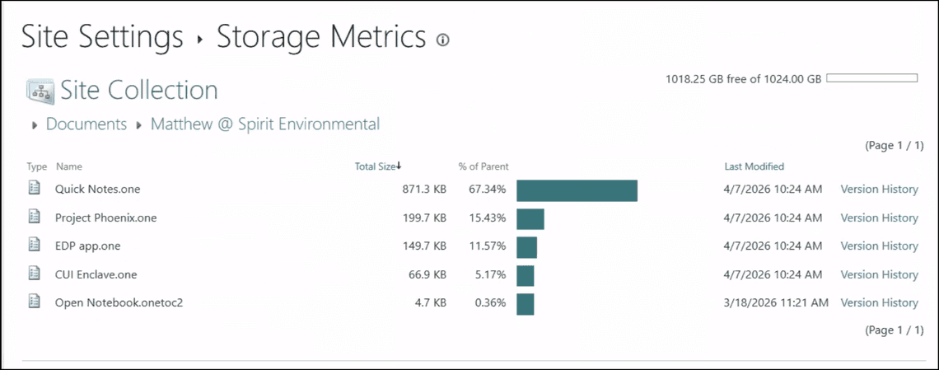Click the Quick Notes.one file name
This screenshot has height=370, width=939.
97,190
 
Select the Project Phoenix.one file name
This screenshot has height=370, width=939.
105,218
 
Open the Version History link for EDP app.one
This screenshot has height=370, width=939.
879,246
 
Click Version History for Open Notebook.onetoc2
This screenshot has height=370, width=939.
879,303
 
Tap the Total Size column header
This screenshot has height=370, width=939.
376,166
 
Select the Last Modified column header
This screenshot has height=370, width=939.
754,166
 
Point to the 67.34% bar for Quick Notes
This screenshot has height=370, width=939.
577,190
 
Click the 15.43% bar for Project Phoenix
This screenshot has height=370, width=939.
530,219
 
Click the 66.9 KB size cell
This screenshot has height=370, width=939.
423,274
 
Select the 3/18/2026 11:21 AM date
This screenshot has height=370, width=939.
775,303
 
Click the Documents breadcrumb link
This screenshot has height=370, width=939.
86,124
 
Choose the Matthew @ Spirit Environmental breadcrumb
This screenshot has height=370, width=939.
265,124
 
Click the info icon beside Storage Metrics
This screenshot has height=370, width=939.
443,40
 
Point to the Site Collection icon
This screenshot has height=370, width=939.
40,91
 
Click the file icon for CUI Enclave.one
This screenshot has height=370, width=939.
35,274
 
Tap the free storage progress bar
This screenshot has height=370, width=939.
871,78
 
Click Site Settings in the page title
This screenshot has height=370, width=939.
102,37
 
